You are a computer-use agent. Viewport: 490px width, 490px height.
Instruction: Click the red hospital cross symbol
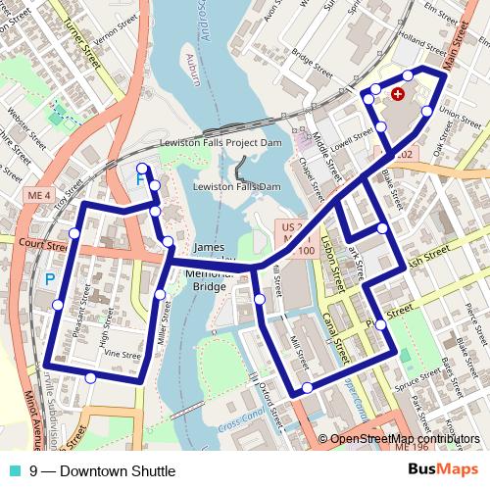coord(397,94)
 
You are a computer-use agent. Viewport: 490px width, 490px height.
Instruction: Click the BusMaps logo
coord(444,471)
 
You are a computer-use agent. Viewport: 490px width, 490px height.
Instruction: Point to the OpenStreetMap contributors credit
coord(405,439)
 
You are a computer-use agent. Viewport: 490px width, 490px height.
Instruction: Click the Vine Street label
coord(122,354)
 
